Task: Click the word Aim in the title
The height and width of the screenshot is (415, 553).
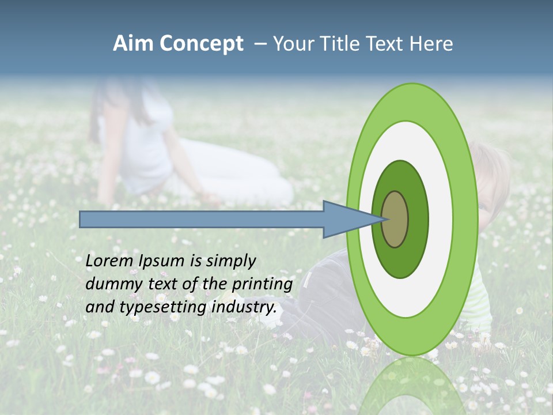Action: (x=133, y=44)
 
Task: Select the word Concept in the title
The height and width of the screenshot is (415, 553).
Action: (x=202, y=44)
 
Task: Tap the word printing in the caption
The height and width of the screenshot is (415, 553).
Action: (x=262, y=285)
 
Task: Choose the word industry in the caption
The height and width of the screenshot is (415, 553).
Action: (x=244, y=307)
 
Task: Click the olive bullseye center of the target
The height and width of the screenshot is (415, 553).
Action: (x=395, y=219)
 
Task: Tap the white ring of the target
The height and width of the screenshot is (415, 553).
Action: (x=441, y=219)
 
